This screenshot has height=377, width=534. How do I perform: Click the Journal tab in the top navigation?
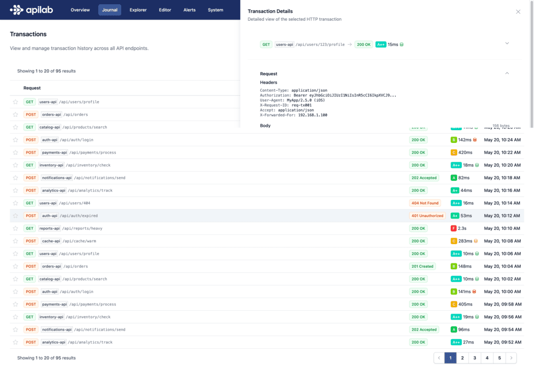109,10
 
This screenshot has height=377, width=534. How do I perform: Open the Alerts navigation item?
190,10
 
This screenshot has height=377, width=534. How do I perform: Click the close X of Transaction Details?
518,12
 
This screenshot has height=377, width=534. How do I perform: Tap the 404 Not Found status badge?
425,203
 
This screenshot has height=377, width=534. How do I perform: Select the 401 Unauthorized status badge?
427,216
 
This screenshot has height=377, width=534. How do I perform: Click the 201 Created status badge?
422,266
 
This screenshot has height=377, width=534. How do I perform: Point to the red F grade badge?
454,228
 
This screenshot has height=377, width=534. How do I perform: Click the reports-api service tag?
50,228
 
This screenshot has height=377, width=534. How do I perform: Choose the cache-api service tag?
51,241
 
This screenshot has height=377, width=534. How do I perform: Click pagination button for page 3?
475,358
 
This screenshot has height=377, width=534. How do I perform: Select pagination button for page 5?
499,358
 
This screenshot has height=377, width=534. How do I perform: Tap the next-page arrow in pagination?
512,358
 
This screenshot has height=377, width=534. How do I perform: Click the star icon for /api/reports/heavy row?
15,228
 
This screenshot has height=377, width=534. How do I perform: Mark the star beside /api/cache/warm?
15,241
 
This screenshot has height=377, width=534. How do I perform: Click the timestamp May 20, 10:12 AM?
502,216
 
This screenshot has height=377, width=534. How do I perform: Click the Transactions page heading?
28,34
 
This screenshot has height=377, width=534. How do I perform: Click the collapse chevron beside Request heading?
507,74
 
